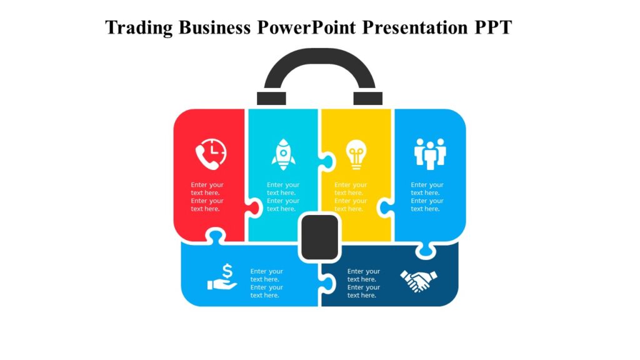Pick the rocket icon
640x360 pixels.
coord(283,154)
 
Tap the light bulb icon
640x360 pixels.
coord(356,154)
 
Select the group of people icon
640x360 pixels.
coord(430,153)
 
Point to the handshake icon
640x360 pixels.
coord(418,281)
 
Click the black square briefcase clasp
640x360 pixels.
coord(319,237)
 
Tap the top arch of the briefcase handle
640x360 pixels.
coord(319,56)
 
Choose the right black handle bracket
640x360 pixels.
coord(367,98)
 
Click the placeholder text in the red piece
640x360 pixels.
coord(207,197)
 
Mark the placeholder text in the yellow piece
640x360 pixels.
coord(351,197)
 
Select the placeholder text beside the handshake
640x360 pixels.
coord(364,283)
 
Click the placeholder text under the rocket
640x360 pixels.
coord(283,197)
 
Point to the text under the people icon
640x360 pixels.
coord(427,197)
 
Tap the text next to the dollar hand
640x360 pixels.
coord(267,283)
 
